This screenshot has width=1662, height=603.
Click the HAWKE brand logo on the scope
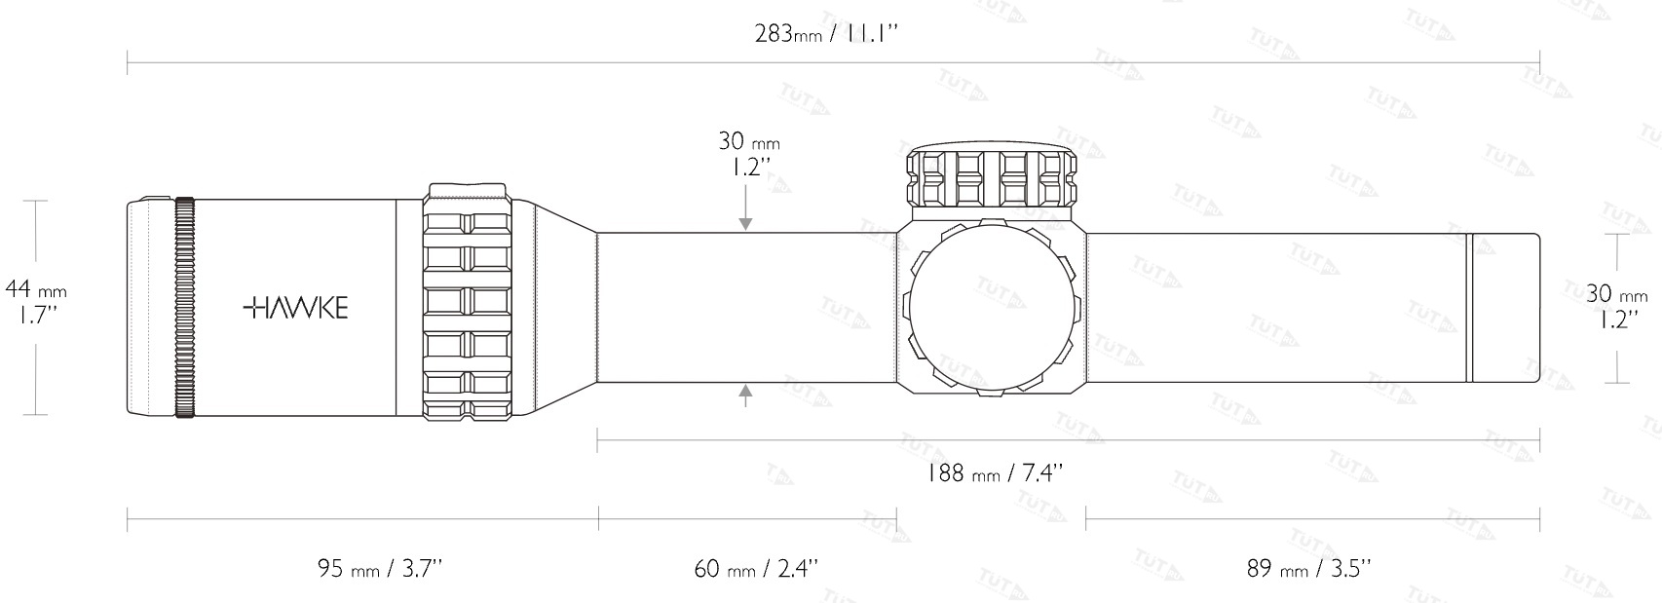pyautogui.click(x=295, y=307)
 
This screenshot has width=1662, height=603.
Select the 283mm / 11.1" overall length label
pyautogui.click(x=826, y=33)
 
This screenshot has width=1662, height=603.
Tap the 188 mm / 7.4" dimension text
pyautogui.click(x=995, y=472)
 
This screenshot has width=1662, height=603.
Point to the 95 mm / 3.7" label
pyautogui.click(x=379, y=568)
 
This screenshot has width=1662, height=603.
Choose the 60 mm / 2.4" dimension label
pyautogui.click(x=756, y=568)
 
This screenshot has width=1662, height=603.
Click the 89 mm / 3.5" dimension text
pyautogui.click(x=1308, y=568)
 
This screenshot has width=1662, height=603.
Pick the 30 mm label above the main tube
pyautogui.click(x=748, y=154)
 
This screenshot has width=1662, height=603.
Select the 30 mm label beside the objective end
pyautogui.click(x=1617, y=306)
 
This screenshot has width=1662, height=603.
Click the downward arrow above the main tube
pyautogui.click(x=745, y=207)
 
